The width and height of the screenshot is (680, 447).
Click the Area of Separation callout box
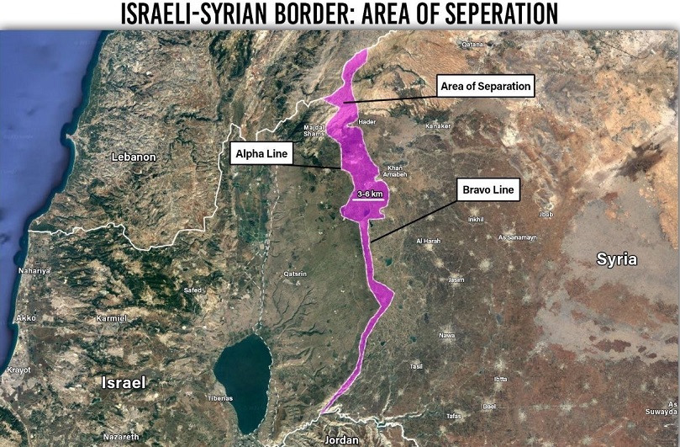coord(486,86)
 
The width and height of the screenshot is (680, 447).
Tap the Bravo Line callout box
coord(488,190)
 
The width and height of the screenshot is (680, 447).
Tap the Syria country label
coord(617,258)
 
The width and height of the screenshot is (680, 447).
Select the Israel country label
coord(124,382)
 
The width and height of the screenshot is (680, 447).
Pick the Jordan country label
coord(340,439)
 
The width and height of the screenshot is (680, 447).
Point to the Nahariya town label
coord(34,271)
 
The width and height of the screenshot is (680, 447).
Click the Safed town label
coord(192,290)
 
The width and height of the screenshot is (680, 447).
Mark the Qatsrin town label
coord(296,274)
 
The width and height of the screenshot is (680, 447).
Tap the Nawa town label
coord(447,335)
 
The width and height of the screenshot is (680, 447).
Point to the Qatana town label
coord(473,44)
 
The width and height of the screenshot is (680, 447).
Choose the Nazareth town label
coord(122,437)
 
